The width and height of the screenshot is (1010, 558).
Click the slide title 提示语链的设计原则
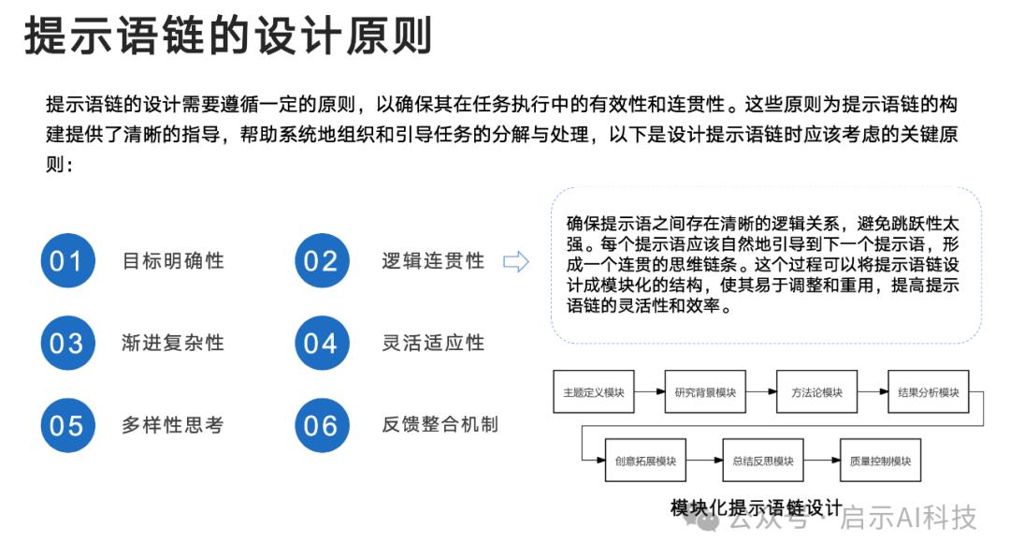click(228, 36)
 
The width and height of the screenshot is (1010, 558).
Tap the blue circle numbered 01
click(67, 260)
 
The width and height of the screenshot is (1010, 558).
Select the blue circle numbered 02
click(321, 260)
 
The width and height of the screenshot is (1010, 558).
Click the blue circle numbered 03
click(67, 343)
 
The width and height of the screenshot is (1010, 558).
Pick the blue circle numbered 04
click(321, 343)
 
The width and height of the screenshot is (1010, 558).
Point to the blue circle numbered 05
click(67, 425)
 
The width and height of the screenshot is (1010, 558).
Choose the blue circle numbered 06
click(321, 425)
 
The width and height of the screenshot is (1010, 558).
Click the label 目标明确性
click(173, 260)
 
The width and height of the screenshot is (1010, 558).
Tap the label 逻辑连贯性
click(433, 260)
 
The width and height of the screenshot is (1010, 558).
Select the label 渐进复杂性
click(173, 343)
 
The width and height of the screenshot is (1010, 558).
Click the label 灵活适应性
click(433, 343)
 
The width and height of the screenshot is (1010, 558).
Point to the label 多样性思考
click(173, 425)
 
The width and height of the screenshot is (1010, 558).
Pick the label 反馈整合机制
click(440, 425)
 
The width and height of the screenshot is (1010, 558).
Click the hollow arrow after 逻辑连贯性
click(516, 261)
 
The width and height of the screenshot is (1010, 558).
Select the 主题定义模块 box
click(594, 392)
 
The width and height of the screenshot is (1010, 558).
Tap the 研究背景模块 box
click(705, 392)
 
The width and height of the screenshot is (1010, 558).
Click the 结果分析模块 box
click(928, 392)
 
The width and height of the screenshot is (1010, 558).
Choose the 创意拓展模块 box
click(645, 461)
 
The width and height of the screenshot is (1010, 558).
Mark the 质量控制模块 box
click(880, 461)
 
